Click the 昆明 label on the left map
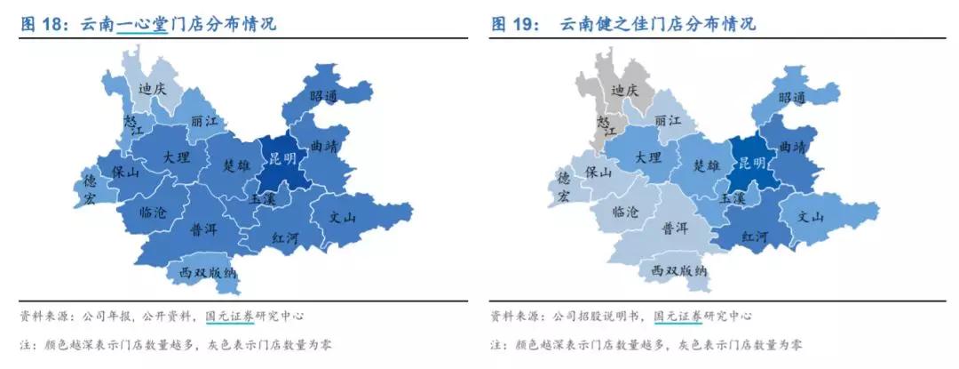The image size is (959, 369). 282,160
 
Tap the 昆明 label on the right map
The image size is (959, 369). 751,163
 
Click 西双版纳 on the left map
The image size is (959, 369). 208,272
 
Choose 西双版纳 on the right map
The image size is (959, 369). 679,269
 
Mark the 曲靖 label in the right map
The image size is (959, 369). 793,146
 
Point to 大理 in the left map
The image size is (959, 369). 177,156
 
